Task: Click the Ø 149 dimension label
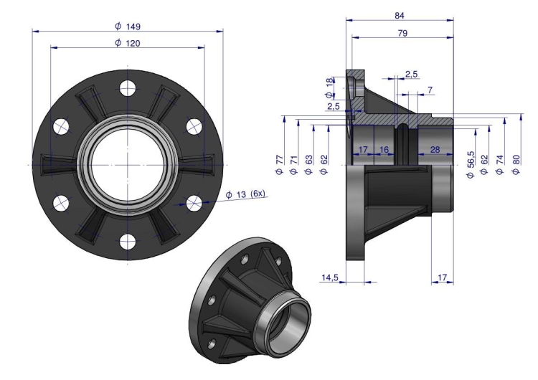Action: point(128,27)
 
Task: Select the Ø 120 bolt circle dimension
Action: point(128,43)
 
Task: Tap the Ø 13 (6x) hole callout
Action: point(245,194)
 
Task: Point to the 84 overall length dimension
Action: point(400,16)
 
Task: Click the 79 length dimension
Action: point(402,33)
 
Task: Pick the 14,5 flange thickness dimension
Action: point(330,277)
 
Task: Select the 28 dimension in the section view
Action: point(435,150)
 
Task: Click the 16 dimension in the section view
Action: point(384,150)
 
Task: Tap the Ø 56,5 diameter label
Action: point(471,164)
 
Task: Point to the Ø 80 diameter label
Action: point(516,165)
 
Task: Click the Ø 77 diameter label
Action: point(280,165)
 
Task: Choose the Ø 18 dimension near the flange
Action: point(329,87)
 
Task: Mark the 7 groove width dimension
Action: point(430,90)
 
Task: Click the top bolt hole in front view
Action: point(128,88)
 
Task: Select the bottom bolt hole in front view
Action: point(128,242)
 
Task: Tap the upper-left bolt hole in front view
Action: point(61,126)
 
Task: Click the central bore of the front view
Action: point(128,165)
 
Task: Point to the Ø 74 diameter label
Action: point(500,165)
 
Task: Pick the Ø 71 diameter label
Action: point(293,165)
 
